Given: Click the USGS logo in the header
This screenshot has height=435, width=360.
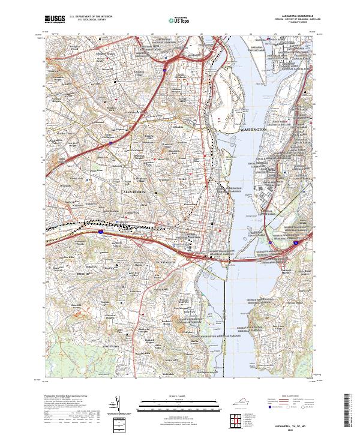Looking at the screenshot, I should click(x=55, y=19).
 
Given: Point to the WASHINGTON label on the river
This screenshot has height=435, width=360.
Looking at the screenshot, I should click(x=256, y=130).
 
